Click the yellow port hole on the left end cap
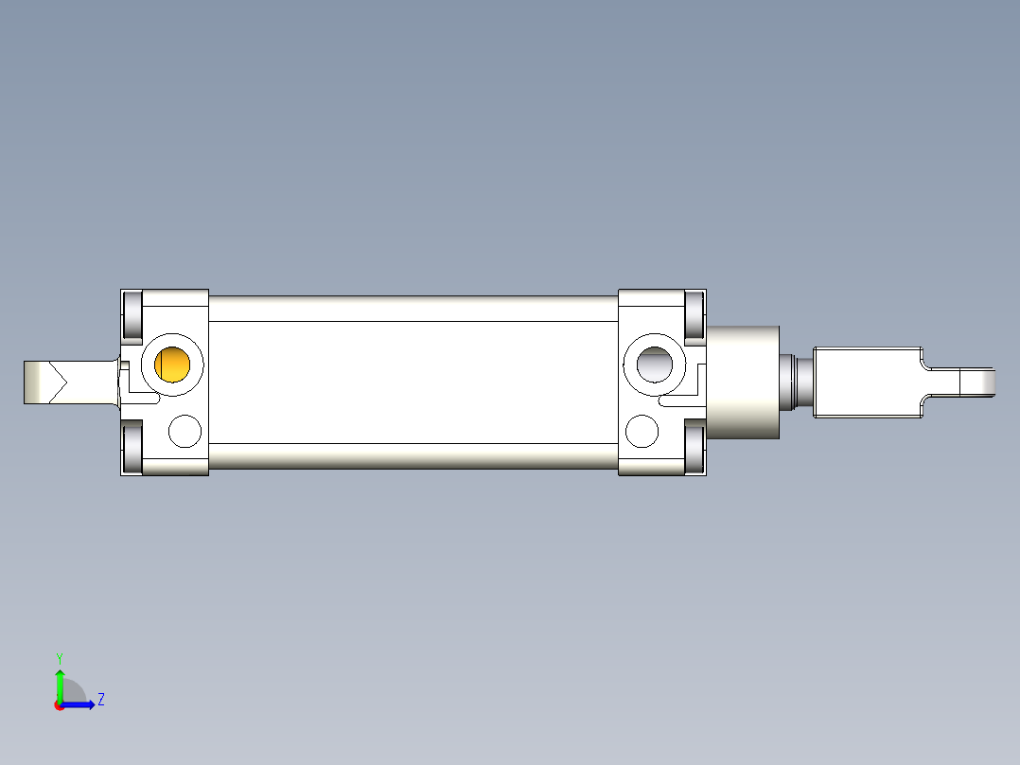click(174, 365)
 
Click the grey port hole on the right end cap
click(654, 363)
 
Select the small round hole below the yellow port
click(185, 432)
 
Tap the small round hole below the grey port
click(642, 431)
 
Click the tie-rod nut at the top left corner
click(132, 315)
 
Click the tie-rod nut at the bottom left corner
click(132, 448)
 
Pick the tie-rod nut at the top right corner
click(695, 314)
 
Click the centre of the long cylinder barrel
click(413, 382)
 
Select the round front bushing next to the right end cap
click(744, 382)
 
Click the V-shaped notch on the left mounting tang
click(58, 382)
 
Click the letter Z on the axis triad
click(100, 700)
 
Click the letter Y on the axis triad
click(59, 657)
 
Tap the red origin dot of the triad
click(60, 705)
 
